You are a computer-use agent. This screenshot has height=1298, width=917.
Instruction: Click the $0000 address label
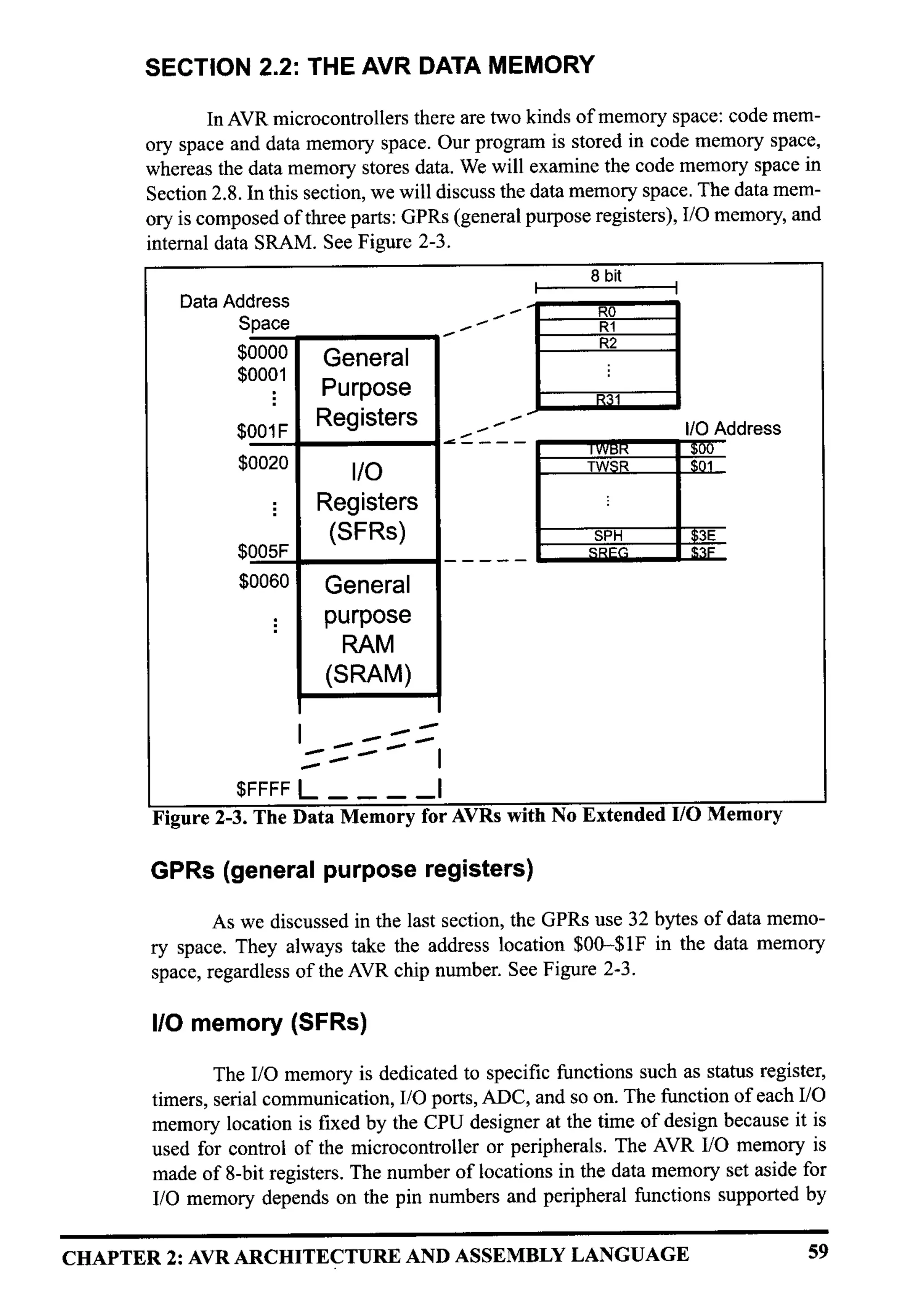tap(262, 352)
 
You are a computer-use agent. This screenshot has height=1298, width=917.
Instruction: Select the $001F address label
tap(262, 432)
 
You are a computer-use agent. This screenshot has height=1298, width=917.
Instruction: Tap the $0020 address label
tap(263, 463)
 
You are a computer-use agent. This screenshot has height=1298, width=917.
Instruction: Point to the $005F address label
tap(263, 551)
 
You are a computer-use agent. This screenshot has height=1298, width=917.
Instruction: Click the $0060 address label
tap(263, 581)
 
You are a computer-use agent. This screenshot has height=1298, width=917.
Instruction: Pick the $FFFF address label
tap(263, 788)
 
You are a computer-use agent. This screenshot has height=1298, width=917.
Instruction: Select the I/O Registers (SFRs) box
tap(367, 501)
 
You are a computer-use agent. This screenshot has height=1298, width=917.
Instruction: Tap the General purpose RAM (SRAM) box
tap(368, 629)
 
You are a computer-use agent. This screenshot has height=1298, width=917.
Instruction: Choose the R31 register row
tap(608, 400)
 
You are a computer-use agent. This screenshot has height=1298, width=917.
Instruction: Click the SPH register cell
tap(608, 535)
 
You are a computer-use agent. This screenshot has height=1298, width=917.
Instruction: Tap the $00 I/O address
tap(702, 449)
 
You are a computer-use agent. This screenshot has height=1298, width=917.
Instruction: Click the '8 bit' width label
tap(606, 276)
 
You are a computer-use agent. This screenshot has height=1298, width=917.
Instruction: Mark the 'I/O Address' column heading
tap(732, 428)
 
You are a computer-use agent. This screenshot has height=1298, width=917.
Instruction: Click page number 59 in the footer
tap(817, 1252)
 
